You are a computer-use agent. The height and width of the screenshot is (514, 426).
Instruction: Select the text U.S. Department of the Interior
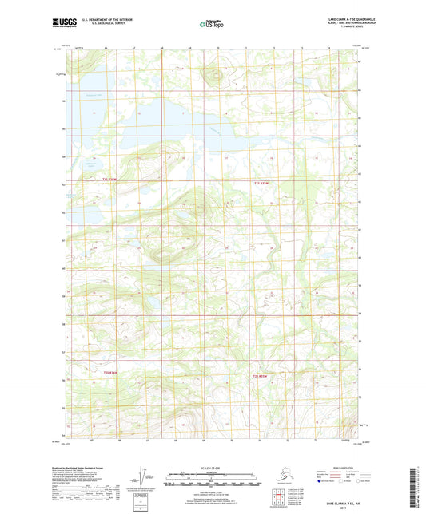click(x=102, y=18)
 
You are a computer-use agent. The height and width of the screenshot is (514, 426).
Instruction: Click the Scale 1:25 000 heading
click(x=213, y=467)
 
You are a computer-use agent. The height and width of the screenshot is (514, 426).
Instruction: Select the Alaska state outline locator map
click(x=279, y=478)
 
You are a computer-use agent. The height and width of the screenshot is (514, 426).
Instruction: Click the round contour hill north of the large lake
click(x=213, y=77)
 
